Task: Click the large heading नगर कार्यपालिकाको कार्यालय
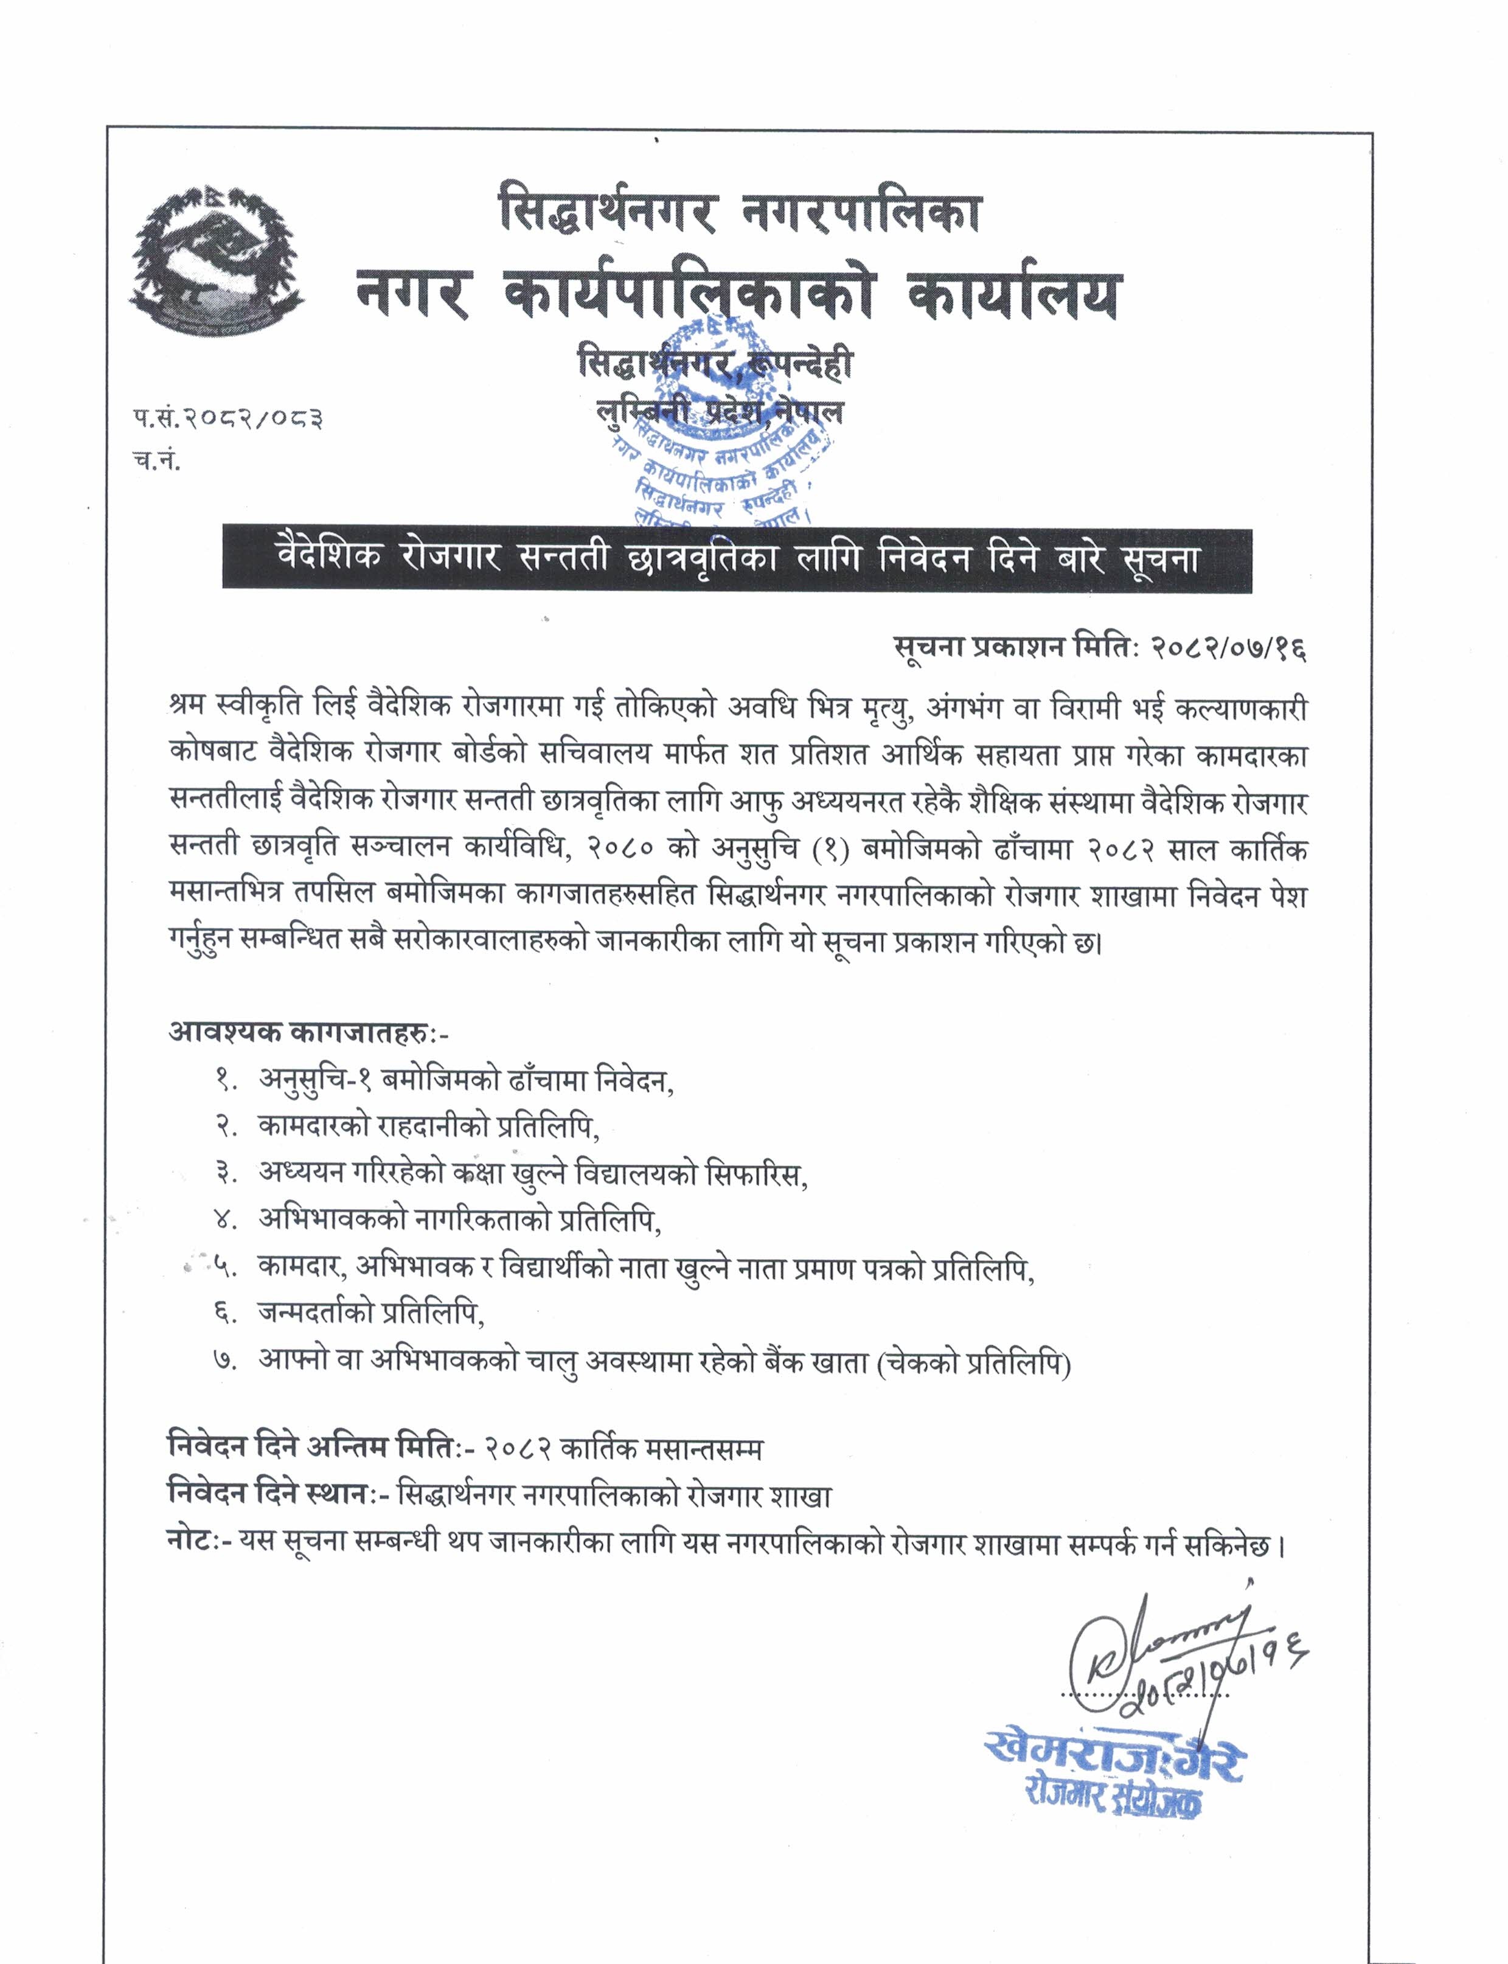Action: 738,296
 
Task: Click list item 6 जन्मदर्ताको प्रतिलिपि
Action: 370,1313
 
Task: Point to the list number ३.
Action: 224,1173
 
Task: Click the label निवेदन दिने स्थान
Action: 268,1496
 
